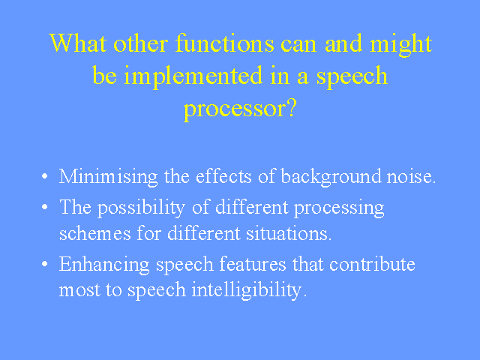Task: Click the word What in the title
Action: (78, 43)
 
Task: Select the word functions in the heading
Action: (225, 43)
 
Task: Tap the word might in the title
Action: (401, 45)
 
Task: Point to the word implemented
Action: (193, 76)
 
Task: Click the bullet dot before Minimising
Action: (45, 176)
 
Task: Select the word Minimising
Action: (108, 177)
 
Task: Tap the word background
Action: (331, 177)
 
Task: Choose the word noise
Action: (411, 177)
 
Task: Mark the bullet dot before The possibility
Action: (45, 207)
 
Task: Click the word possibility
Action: (141, 208)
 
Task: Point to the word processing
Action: (339, 208)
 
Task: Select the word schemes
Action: (95, 233)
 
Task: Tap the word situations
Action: (289, 234)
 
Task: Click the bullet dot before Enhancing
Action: (45, 264)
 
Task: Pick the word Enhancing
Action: (104, 265)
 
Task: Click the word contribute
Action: (372, 265)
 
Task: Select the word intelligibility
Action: (249, 290)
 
